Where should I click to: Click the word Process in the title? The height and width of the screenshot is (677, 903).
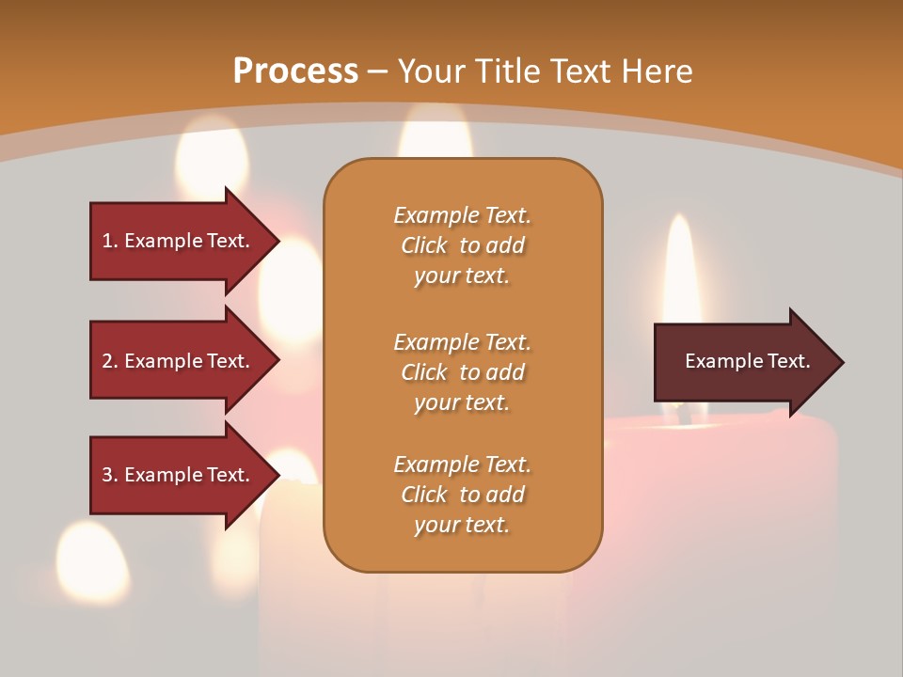click(295, 71)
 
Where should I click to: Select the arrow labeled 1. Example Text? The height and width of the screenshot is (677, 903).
click(179, 241)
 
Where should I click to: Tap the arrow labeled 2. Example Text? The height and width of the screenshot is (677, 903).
click(179, 361)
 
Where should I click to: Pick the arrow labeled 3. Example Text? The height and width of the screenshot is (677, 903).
click(179, 475)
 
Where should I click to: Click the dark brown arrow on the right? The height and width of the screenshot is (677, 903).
click(743, 362)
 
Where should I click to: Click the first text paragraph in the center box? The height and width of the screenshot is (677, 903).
click(462, 245)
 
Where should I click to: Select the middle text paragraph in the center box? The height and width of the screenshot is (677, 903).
click(462, 372)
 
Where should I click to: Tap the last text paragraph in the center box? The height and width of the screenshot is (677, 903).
click(462, 495)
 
